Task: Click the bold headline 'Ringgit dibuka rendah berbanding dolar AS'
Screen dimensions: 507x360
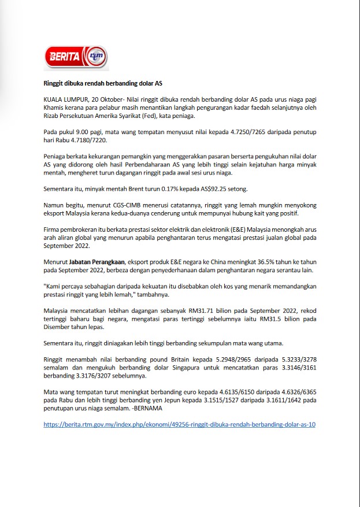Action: (x=103, y=83)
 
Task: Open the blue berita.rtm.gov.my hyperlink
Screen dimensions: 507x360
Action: (x=179, y=424)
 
